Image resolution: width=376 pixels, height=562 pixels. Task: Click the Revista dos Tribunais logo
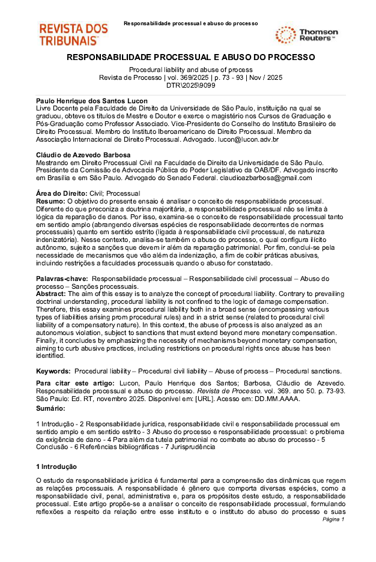coord(73,35)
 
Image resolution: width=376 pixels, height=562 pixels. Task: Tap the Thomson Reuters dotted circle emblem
coord(285,35)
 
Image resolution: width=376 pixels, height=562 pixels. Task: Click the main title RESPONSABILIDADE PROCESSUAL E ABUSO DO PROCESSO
coord(190,57)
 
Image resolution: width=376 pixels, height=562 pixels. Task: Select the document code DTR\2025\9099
coord(190,85)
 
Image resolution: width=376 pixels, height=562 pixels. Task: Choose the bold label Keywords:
coord(53,372)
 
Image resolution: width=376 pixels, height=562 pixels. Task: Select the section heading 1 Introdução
coord(56,467)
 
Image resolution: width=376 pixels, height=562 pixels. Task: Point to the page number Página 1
coord(333,519)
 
